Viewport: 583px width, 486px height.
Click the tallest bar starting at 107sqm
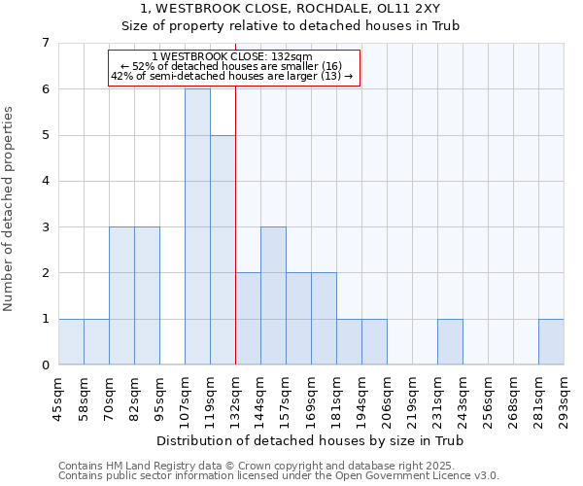coord(197,226)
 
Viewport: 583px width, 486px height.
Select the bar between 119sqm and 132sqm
coord(223,250)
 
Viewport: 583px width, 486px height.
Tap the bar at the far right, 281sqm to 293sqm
coord(551,341)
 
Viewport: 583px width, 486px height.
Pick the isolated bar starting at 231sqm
coord(450,341)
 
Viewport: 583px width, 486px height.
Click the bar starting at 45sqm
coord(71,341)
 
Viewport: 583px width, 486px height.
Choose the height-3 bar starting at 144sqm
coord(273,295)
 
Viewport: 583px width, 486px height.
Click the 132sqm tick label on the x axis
coord(236,399)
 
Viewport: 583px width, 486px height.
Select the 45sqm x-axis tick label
coord(59,399)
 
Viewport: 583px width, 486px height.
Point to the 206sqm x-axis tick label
coord(388,399)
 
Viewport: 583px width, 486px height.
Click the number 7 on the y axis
coord(45,43)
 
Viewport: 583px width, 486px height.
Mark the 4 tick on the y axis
coord(45,181)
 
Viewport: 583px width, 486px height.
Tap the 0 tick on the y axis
coord(45,364)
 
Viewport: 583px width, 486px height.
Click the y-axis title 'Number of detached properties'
coord(10,209)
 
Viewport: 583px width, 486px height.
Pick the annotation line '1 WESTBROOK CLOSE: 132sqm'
coord(233,56)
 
